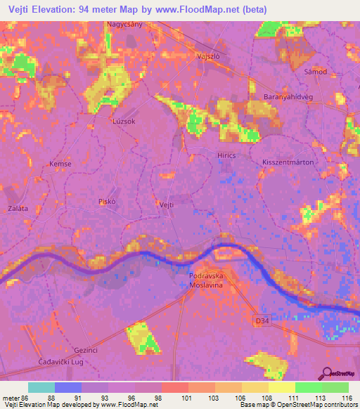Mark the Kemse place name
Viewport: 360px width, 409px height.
coord(60,164)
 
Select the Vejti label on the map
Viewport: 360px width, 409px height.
coord(167,204)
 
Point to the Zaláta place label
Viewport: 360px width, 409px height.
coord(18,209)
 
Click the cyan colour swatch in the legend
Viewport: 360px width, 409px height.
coord(41,387)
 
